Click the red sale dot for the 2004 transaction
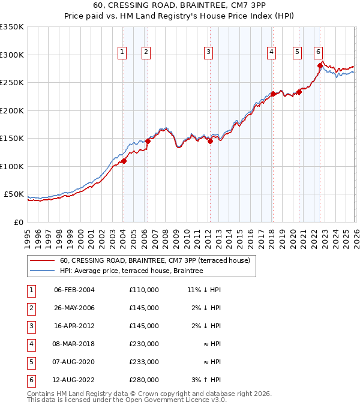[x=124, y=161]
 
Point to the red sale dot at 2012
[x=211, y=142]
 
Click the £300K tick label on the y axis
[x=12, y=55]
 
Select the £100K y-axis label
[x=12, y=166]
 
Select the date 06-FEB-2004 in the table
[x=74, y=290]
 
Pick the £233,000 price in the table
[x=143, y=362]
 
